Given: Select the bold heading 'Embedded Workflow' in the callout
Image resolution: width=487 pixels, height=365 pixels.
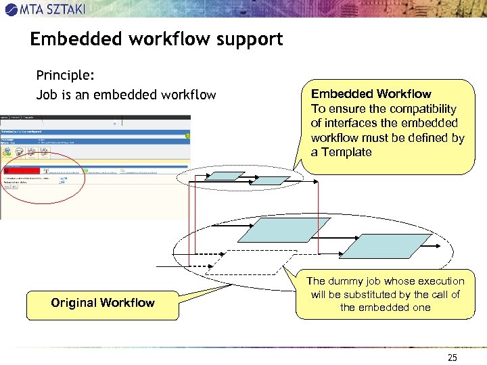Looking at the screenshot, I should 371,94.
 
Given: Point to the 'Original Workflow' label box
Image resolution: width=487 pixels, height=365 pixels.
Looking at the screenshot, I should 103,303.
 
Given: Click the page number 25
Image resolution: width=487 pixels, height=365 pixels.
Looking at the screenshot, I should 453,358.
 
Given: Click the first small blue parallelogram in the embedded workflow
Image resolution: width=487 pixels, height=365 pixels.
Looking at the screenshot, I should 223,176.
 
